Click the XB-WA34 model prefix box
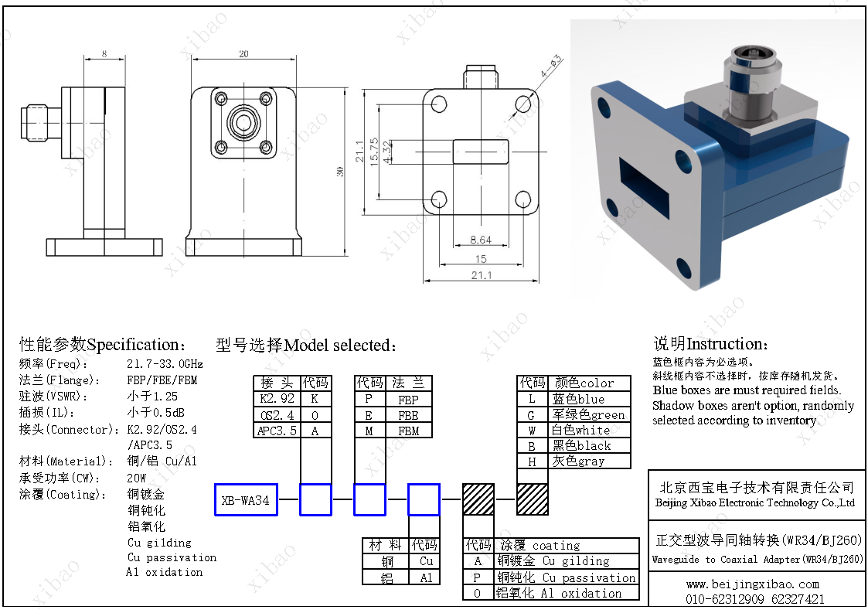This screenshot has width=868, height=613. pos(245,500)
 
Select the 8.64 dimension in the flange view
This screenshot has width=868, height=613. pos(480,240)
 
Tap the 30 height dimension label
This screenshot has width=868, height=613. pos(339,172)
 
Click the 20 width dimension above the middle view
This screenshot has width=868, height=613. pos(243,54)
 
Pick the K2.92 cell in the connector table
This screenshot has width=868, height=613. pos(277,399)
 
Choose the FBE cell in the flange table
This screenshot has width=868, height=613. pos(408,415)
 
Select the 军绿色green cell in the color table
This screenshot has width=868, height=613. pos(588,415)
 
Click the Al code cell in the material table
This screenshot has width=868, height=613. pos(426,577)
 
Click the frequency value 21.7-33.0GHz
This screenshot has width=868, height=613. pos(165,363)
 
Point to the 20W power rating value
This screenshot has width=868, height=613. pos(137,478)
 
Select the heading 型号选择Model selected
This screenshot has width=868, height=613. pos(307,346)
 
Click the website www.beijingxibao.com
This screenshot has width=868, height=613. pos(751,584)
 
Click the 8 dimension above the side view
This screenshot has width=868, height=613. pos(104,54)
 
